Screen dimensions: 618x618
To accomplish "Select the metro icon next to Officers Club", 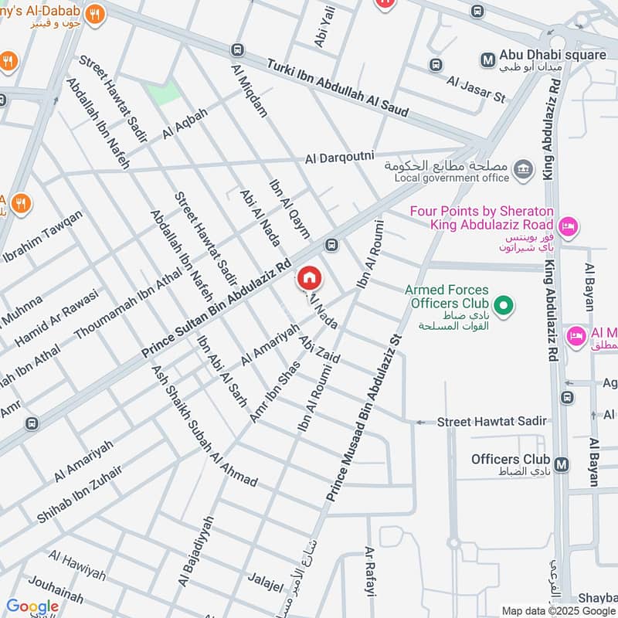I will coord(562,464).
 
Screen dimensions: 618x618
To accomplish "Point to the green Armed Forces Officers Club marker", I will coord(504,307).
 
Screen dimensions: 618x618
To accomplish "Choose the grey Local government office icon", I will coord(523,168).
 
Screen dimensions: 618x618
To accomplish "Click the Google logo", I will coord(32,606).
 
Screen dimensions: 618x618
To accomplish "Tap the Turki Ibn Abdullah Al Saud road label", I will coord(338,89).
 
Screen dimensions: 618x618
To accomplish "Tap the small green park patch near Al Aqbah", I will coord(163,91).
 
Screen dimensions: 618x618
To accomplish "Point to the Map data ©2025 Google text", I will coord(558,610).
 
